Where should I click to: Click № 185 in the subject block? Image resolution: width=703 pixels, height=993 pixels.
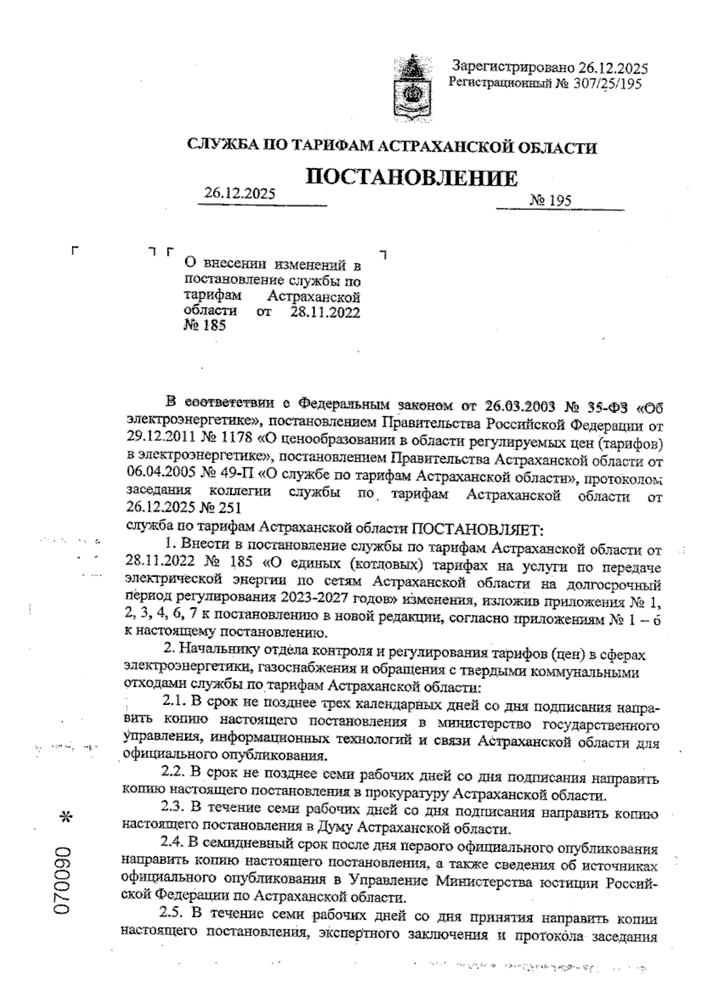[x=205, y=326]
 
